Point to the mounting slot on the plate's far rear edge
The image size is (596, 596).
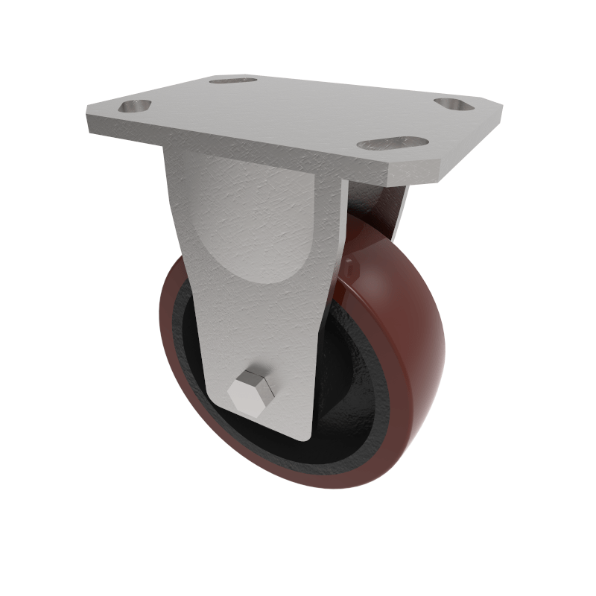click(232, 79)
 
